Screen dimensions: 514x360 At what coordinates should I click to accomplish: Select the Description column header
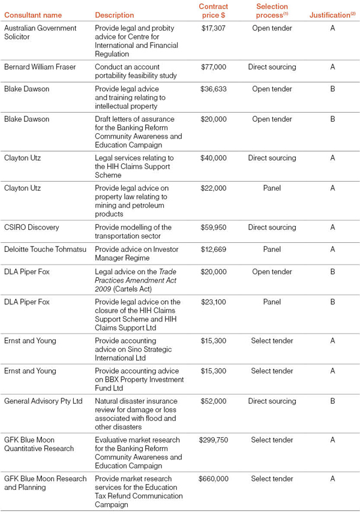pos(115,15)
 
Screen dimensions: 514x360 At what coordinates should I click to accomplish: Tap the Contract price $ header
pos(214,11)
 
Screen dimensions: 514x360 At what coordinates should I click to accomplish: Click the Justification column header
pos(329,15)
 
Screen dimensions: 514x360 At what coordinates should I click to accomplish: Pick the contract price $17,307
pos(213,28)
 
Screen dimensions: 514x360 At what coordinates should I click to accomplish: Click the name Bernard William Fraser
pos(40,67)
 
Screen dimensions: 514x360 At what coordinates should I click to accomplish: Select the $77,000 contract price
pos(213,67)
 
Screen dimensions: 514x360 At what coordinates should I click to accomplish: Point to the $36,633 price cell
pos(213,89)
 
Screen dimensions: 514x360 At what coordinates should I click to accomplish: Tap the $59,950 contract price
pos(213,227)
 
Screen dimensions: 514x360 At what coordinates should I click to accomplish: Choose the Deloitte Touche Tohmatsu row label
pos(45,249)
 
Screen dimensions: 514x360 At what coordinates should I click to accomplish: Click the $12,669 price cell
pos(213,249)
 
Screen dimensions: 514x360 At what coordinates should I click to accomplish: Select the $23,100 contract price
pos(213,302)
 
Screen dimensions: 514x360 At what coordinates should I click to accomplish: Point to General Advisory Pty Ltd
pos(43,401)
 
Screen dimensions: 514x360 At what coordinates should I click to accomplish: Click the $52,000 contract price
pos(213,401)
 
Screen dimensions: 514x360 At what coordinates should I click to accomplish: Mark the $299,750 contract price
pos(213,440)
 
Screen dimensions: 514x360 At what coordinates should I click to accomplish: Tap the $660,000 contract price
pos(213,479)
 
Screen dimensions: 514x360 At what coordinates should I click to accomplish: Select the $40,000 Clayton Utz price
pos(213,158)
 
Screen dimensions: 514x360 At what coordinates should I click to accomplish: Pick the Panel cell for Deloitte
pos(272,249)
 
